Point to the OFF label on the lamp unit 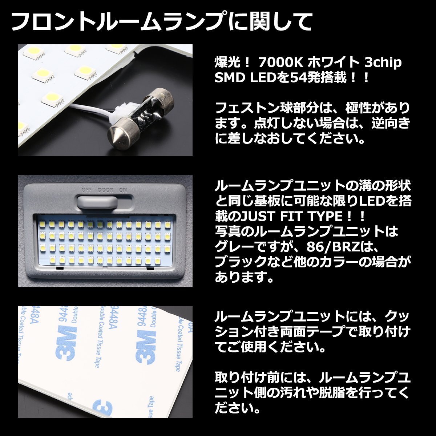click(86, 190)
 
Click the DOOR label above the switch click(105, 190)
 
